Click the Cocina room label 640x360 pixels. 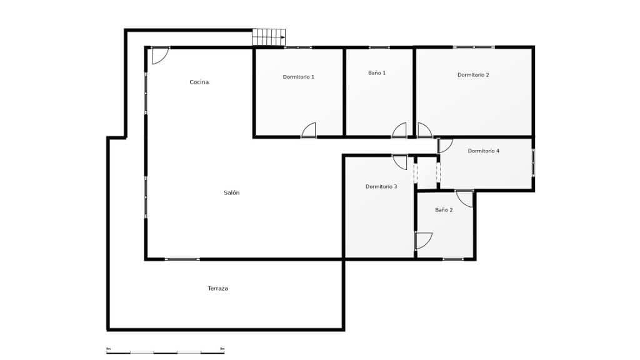(x=199, y=82)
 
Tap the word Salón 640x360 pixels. (x=231, y=193)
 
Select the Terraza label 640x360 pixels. (x=217, y=289)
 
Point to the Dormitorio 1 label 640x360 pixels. (x=298, y=77)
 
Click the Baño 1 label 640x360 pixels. (x=376, y=73)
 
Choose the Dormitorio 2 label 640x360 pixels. (x=473, y=75)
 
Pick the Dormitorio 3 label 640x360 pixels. (x=381, y=187)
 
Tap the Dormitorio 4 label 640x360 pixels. (x=483, y=151)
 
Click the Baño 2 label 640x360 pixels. (x=444, y=210)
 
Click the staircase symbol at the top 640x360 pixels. (x=268, y=37)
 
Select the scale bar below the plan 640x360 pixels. (x=165, y=352)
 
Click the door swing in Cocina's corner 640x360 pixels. (x=159, y=55)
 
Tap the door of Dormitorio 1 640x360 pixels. (x=309, y=130)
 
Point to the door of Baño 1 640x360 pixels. (x=399, y=130)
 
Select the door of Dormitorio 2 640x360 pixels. (x=424, y=130)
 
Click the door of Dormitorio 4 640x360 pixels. (x=445, y=146)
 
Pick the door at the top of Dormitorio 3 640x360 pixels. (x=400, y=161)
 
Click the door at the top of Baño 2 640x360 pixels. (x=464, y=198)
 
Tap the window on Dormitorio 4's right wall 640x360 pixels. (x=533, y=162)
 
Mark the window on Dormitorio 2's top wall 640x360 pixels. (x=473, y=47)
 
